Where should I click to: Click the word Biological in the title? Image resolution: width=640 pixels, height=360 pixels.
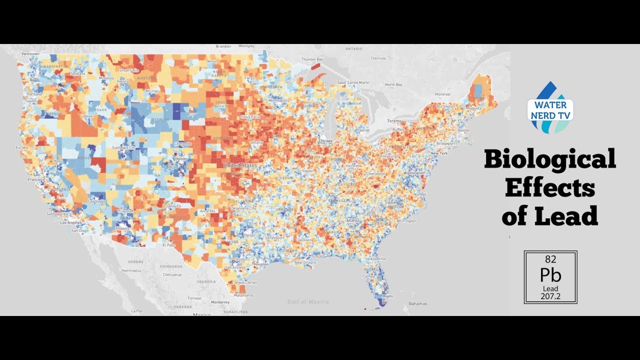(549, 159)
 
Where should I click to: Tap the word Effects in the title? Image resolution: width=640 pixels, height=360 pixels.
(549, 188)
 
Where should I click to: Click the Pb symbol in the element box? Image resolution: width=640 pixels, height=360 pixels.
(550, 275)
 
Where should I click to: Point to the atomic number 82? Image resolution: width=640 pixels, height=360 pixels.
(550, 259)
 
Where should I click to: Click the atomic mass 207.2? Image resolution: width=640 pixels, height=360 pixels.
(550, 296)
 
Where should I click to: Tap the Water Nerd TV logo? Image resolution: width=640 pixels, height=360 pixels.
(550, 107)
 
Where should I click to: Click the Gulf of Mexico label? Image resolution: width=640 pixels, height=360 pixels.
(308, 301)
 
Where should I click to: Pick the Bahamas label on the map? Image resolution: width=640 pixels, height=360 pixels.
(418, 303)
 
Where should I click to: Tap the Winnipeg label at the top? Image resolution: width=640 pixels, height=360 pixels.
(246, 46)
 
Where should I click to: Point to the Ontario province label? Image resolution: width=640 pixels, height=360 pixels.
(353, 49)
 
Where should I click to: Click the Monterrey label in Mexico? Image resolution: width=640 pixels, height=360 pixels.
(219, 302)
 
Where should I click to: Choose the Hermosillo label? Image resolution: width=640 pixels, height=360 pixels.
(131, 270)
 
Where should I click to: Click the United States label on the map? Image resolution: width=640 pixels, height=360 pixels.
(240, 165)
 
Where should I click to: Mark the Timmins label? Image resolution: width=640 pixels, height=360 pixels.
(378, 58)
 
